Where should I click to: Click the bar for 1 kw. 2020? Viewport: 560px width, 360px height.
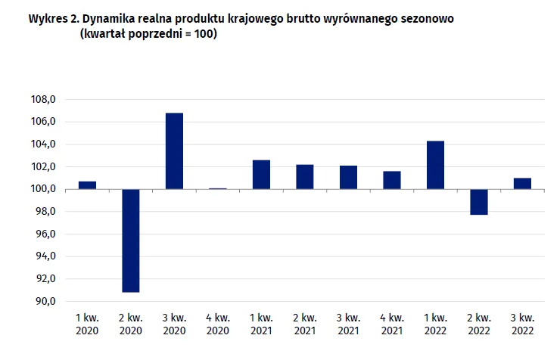click(x=87, y=185)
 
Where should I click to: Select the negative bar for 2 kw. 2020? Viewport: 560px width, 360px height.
click(x=130, y=241)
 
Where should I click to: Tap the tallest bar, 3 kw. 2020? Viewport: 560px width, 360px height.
click(x=174, y=151)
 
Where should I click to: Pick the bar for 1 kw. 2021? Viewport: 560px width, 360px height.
click(x=261, y=175)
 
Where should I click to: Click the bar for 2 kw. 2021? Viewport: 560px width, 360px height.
click(x=304, y=177)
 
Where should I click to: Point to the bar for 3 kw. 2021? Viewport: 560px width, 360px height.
click(x=348, y=178)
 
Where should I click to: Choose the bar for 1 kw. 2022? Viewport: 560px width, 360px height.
click(x=435, y=165)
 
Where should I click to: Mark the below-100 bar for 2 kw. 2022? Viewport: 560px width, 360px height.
click(x=478, y=202)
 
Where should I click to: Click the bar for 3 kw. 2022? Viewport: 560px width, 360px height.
click(x=522, y=184)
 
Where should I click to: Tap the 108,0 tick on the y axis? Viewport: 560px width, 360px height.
click(x=43, y=100)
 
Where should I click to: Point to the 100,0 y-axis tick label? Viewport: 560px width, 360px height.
click(x=43, y=189)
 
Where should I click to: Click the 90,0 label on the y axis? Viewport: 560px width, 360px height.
click(x=43, y=301)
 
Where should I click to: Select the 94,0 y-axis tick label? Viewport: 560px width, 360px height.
click(x=43, y=256)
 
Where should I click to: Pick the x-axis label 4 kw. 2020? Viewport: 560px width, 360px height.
click(x=217, y=324)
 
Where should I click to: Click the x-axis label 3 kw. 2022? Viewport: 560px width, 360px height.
click(x=522, y=324)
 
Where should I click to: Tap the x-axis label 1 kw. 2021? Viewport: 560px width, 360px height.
click(x=261, y=324)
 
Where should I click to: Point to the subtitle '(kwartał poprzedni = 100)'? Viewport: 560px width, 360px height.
click(x=148, y=33)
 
